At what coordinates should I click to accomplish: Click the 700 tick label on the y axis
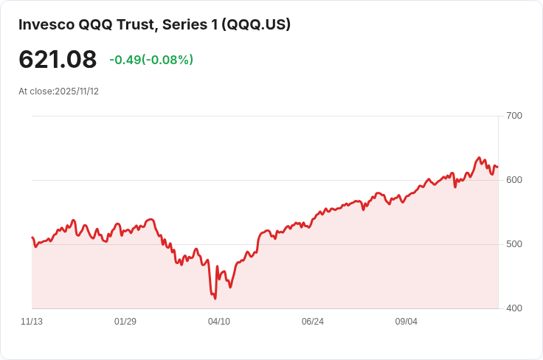pyautogui.click(x=514, y=116)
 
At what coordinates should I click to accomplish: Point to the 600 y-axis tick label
pyautogui.click(x=514, y=180)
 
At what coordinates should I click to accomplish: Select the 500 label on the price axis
pyautogui.click(x=514, y=244)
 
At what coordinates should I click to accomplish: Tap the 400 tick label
pyautogui.click(x=514, y=308)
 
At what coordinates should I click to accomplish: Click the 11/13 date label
pyautogui.click(x=32, y=322)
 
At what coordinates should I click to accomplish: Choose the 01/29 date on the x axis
pyautogui.click(x=125, y=322)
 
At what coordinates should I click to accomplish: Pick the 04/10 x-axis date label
pyautogui.click(x=219, y=322)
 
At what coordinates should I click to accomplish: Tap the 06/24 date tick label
pyautogui.click(x=313, y=322)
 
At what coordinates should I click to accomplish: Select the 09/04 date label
pyautogui.click(x=407, y=322)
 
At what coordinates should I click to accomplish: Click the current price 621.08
pyautogui.click(x=58, y=60)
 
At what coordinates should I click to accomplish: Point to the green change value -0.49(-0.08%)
pyautogui.click(x=151, y=60)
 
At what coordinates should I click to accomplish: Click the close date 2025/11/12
pyautogui.click(x=77, y=91)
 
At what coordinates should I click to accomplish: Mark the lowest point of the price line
pyautogui.click(x=215, y=298)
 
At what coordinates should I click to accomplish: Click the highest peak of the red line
pyautogui.click(x=479, y=158)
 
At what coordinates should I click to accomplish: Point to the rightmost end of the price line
pyautogui.click(x=497, y=167)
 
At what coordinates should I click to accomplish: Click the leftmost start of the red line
pyautogui.click(x=32, y=238)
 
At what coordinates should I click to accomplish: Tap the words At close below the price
pyautogui.click(x=35, y=91)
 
